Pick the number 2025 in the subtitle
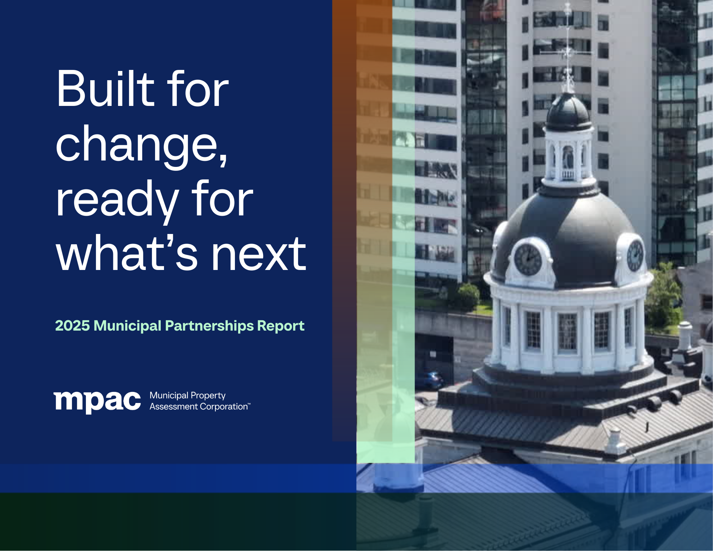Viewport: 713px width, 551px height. click(72, 326)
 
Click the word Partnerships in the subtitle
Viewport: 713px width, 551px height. click(210, 326)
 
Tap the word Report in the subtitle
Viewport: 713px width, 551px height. click(281, 326)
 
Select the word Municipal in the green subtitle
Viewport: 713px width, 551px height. click(127, 326)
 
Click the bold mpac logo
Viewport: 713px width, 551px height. click(97, 402)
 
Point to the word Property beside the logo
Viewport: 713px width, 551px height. click(208, 396)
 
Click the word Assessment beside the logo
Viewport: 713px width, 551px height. click(173, 407)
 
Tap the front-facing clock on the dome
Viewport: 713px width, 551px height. click(528, 259)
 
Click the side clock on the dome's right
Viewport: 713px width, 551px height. click(635, 255)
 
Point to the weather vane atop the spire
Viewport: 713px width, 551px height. click(567, 50)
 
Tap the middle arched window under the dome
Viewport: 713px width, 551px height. click(567, 332)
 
